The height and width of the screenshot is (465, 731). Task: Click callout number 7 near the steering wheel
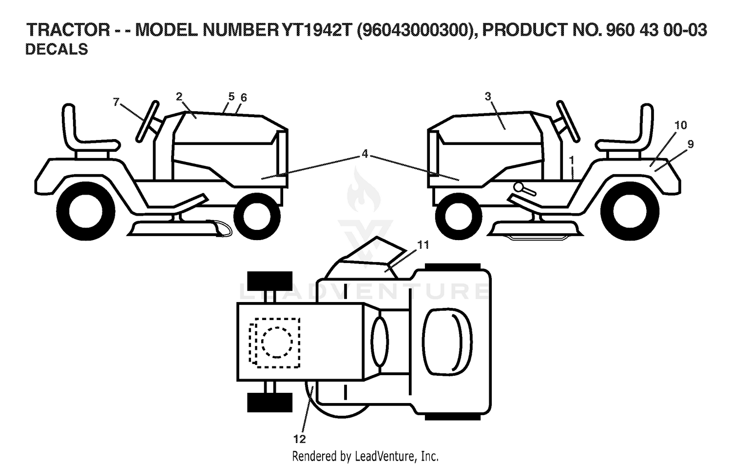pyautogui.click(x=116, y=102)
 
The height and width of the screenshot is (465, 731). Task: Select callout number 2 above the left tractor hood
pyautogui.click(x=179, y=97)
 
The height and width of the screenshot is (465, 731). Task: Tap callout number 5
pyautogui.click(x=231, y=97)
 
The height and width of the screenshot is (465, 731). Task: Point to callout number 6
pyautogui.click(x=244, y=98)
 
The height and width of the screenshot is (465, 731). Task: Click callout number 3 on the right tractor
pyautogui.click(x=488, y=97)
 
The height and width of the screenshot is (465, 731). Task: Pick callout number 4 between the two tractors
pyautogui.click(x=365, y=154)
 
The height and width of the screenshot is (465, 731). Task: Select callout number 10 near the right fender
pyautogui.click(x=681, y=125)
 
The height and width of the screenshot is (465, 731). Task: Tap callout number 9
pyautogui.click(x=691, y=144)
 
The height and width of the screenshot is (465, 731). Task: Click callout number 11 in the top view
pyautogui.click(x=423, y=245)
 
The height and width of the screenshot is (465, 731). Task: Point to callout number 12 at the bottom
pyautogui.click(x=300, y=439)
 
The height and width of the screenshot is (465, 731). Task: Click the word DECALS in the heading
pyautogui.click(x=57, y=49)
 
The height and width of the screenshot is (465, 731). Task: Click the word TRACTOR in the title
pyautogui.click(x=68, y=30)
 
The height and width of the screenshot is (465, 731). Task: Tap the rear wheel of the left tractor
pyautogui.click(x=85, y=211)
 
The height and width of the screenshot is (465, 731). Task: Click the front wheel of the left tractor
pyautogui.click(x=257, y=216)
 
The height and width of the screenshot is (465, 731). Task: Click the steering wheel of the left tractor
pyautogui.click(x=148, y=121)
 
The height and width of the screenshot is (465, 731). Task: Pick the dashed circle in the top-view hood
pyautogui.click(x=277, y=342)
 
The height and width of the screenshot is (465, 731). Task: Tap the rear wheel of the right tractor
pyautogui.click(x=630, y=211)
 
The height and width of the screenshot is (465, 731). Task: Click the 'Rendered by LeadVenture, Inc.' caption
pyautogui.click(x=365, y=456)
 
